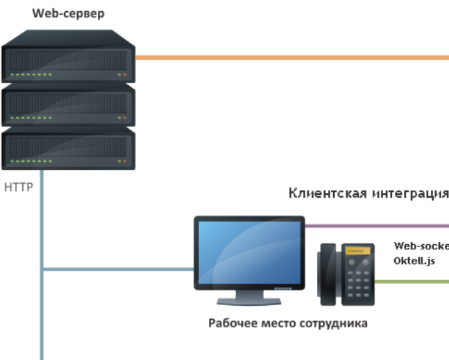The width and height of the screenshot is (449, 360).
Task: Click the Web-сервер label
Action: coord(68,14)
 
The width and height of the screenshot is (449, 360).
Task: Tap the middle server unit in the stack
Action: coord(68,106)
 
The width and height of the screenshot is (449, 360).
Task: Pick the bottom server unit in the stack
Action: coord(68,149)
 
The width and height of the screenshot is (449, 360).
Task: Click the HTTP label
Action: coord(19,187)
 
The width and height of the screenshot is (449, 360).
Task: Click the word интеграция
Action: coord(409,193)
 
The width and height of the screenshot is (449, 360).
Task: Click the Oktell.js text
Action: coord(415,260)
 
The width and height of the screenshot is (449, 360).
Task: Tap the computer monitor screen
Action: coord(248,253)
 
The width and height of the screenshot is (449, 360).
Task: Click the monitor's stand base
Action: coord(249,301)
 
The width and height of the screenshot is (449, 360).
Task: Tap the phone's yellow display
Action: coord(355,250)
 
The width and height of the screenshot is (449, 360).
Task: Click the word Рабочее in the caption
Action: coord(232,323)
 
